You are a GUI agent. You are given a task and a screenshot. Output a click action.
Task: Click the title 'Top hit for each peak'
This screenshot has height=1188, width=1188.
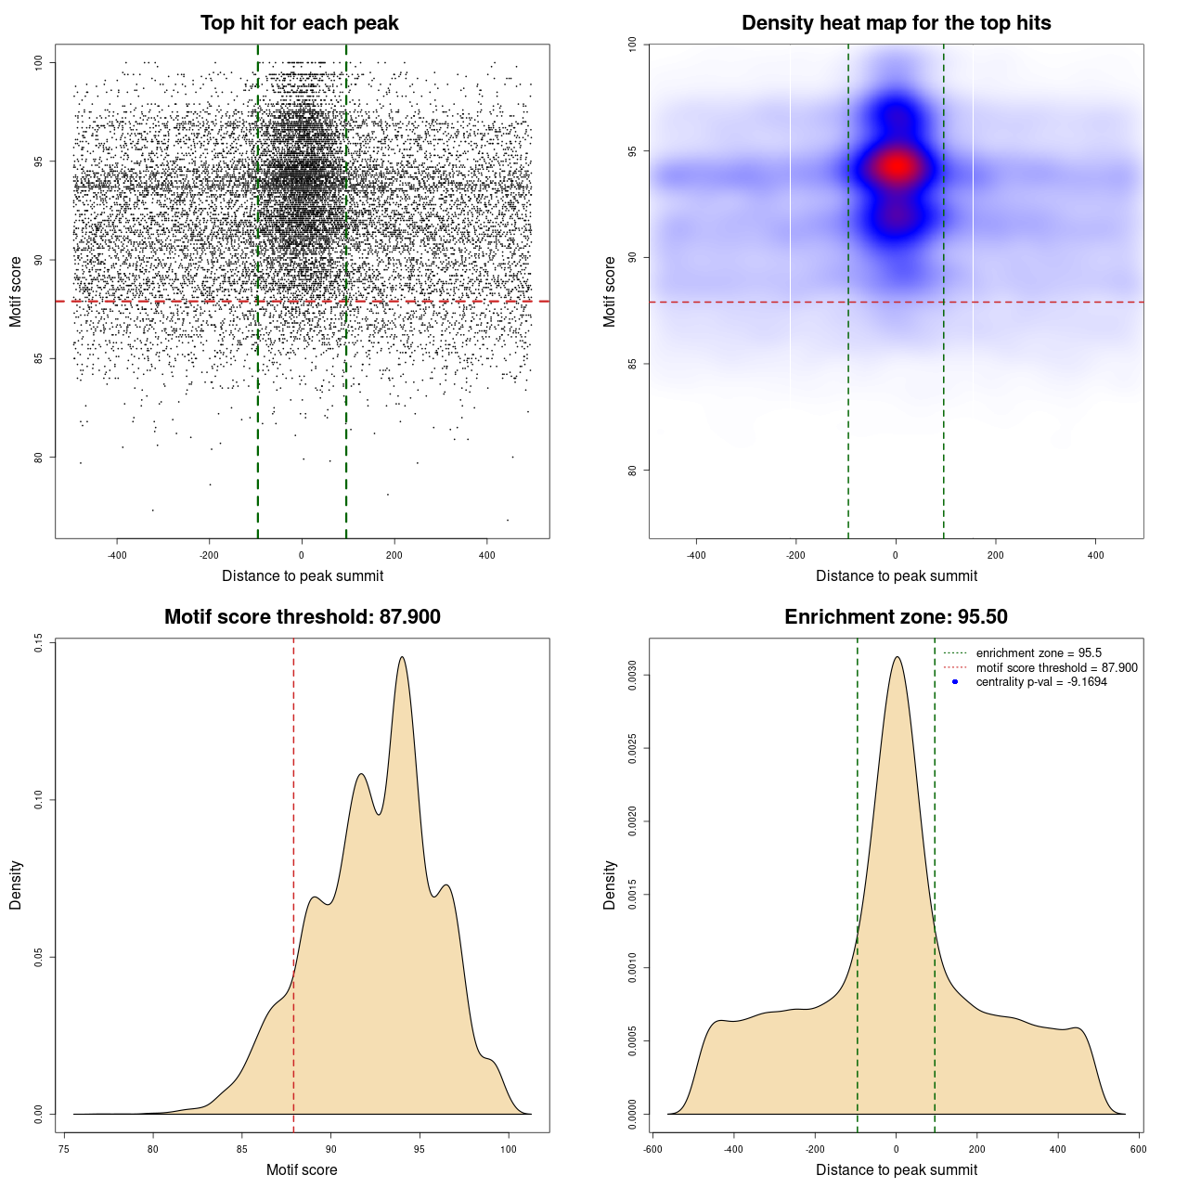(x=299, y=23)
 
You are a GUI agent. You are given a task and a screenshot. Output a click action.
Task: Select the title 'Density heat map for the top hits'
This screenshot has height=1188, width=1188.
(x=896, y=23)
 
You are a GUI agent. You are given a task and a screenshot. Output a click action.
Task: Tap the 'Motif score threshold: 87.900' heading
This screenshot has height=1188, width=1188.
(x=302, y=617)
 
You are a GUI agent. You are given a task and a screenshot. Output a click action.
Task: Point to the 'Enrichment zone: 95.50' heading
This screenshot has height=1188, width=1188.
(x=896, y=617)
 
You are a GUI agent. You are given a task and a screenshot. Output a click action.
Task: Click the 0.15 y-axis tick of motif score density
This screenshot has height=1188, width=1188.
(x=39, y=643)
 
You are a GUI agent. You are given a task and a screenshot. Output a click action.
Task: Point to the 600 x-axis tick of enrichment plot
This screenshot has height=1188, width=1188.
(x=1139, y=1149)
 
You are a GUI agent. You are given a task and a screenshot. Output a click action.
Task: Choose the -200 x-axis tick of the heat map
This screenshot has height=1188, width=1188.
(x=795, y=555)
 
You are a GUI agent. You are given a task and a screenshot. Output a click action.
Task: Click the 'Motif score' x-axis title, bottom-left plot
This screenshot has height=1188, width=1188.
(x=302, y=1169)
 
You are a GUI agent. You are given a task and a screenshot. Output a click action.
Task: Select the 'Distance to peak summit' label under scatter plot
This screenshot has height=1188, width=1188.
(x=303, y=575)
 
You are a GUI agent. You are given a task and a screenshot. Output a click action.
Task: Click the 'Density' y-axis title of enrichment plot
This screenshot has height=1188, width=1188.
(x=610, y=885)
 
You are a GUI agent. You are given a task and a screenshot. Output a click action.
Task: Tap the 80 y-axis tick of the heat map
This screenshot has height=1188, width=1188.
(x=633, y=470)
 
